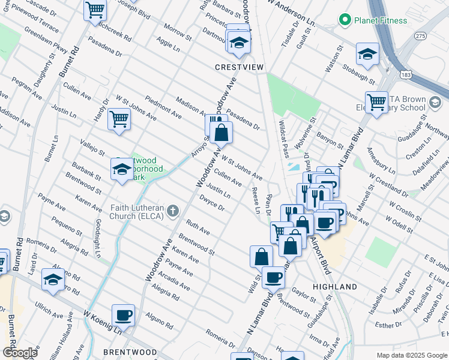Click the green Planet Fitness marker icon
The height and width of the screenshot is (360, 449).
click(345, 20)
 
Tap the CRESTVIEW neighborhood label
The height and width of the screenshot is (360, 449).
click(240, 68)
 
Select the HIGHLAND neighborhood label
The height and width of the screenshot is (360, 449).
click(335, 287)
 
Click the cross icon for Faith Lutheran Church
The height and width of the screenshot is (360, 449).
click(173, 210)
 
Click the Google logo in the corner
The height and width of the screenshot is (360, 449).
click(20, 352)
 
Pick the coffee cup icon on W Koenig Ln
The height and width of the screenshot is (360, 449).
click(123, 314)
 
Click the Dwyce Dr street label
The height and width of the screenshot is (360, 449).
click(212, 204)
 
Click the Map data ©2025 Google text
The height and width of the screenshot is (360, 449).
click(411, 355)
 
